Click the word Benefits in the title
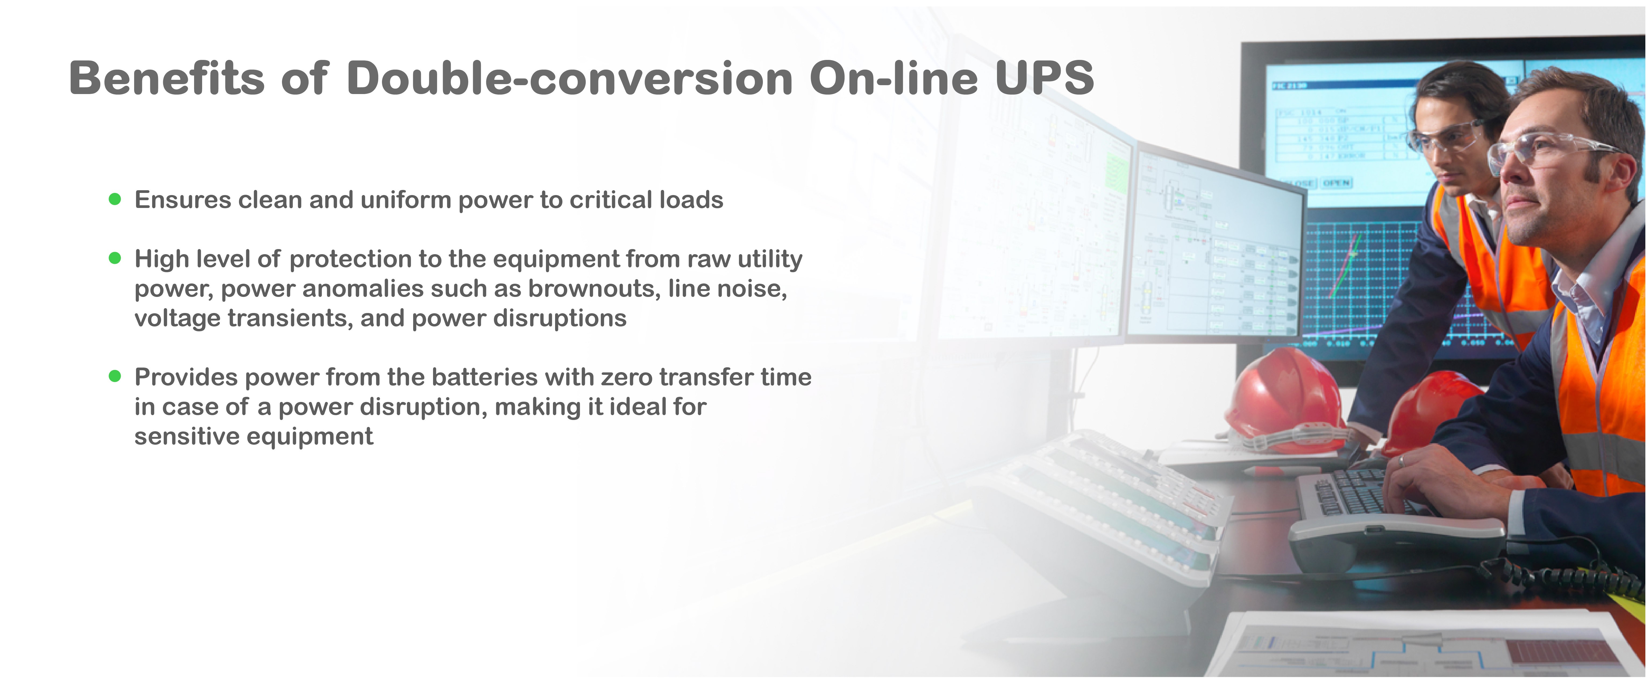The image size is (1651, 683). point(167,78)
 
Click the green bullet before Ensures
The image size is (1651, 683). point(115,199)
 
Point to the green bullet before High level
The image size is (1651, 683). point(115,258)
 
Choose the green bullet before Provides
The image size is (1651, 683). point(115,376)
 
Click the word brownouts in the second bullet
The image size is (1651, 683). point(594,289)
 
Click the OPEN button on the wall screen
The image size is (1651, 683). point(1336,183)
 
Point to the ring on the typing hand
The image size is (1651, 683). point(1401,460)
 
